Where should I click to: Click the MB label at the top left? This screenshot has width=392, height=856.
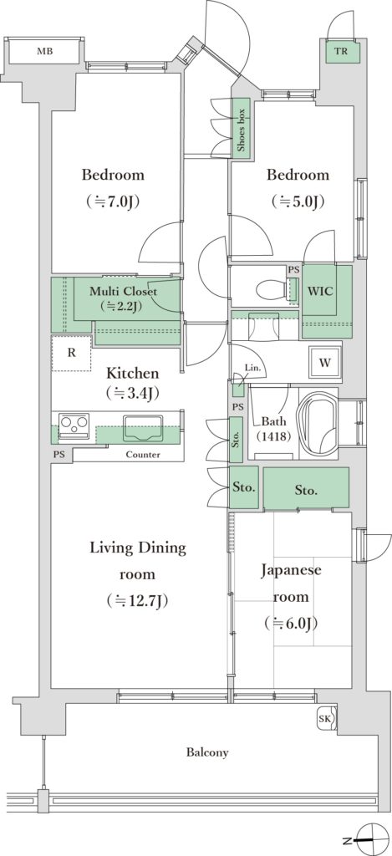45,52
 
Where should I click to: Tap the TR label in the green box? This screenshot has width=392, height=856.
341,52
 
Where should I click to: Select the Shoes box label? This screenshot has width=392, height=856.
242,130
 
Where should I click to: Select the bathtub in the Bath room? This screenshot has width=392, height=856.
319,424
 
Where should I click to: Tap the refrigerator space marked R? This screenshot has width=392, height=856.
72,354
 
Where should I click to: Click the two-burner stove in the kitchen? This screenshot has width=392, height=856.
74,424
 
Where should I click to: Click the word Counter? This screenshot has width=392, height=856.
142,454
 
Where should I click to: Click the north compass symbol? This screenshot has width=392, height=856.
369,839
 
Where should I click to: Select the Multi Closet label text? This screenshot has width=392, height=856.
123,292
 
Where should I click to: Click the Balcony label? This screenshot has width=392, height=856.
207,753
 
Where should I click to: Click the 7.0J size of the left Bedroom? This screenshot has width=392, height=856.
113,202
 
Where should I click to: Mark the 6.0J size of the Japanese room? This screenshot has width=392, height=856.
291,623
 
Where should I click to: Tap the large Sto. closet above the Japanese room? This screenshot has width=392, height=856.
306,489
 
